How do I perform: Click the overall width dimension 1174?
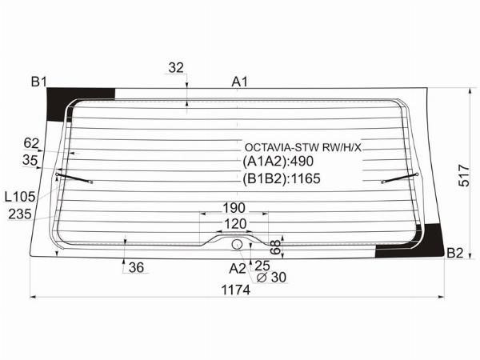tap(235, 290)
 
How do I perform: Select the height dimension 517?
tap(464, 176)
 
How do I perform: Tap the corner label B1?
tap(39, 82)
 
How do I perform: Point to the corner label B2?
tap(455, 253)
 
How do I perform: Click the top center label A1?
tap(239, 82)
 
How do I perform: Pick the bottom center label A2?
tap(238, 269)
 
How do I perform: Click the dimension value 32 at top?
tap(176, 68)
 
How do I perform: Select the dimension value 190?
tap(234, 208)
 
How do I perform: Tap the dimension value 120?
tap(235, 224)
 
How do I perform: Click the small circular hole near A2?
tap(237, 244)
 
